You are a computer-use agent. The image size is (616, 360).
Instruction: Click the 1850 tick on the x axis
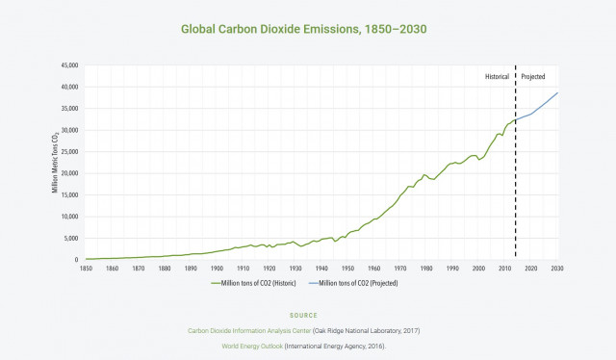(x=86, y=268)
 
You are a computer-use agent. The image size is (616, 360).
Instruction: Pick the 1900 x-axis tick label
(x=217, y=268)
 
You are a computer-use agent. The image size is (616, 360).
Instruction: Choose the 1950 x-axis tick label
(x=347, y=268)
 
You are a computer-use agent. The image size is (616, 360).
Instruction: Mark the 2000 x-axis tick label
(x=478, y=268)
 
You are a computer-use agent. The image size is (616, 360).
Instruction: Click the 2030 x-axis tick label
(x=556, y=268)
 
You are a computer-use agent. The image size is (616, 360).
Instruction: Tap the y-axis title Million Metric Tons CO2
(x=56, y=162)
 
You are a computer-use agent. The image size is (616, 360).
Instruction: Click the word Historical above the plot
(x=497, y=75)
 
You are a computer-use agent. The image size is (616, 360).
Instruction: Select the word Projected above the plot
(x=533, y=75)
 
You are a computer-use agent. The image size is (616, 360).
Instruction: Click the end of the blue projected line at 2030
(x=556, y=93)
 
